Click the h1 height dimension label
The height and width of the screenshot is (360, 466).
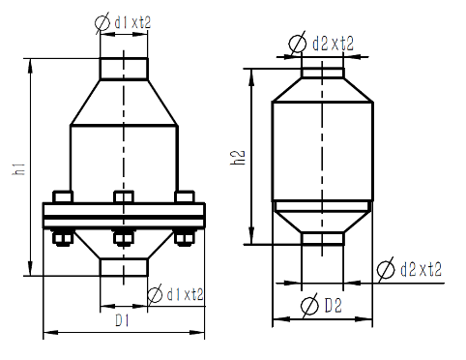(x=19, y=169)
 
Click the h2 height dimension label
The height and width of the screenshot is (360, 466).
(x=238, y=158)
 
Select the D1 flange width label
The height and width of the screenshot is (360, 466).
(x=123, y=320)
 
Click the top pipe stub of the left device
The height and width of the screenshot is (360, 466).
(x=124, y=69)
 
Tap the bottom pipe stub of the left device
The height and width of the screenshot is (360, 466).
(x=124, y=267)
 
